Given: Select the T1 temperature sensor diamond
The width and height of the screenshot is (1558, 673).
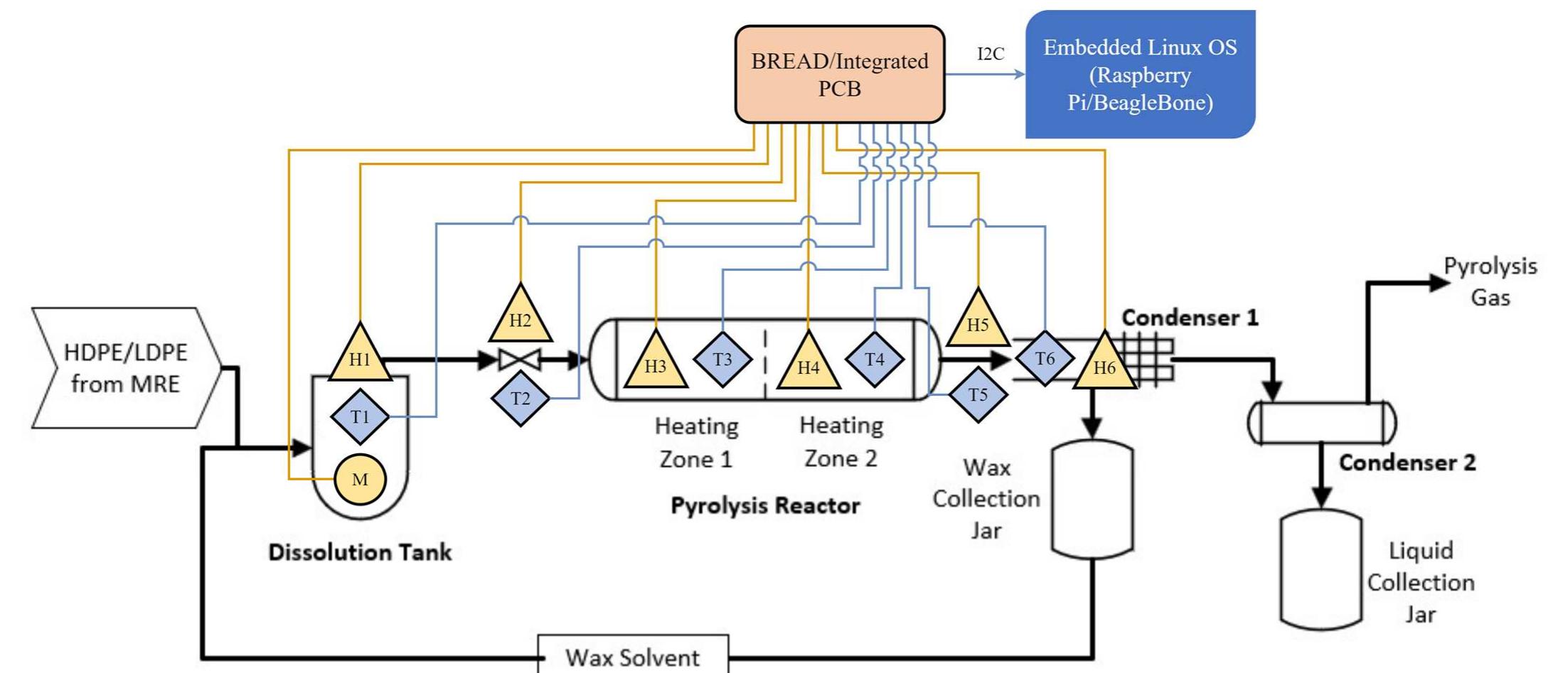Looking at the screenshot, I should (x=360, y=416).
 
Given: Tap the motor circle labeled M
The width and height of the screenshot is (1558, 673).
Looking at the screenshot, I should (x=360, y=479).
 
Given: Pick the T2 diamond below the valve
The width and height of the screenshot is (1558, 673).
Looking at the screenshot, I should (x=520, y=398).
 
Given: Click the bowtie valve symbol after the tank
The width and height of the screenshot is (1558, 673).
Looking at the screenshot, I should (x=520, y=360).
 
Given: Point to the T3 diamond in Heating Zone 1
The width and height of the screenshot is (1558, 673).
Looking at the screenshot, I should (x=722, y=359).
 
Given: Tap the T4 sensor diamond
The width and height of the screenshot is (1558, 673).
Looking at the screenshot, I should (x=875, y=359).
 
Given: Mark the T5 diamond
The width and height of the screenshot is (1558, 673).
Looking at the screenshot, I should (x=978, y=394).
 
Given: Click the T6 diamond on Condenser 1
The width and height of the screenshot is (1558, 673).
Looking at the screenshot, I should (x=1045, y=358).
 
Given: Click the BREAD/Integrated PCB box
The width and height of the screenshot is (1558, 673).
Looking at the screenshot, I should (x=840, y=75).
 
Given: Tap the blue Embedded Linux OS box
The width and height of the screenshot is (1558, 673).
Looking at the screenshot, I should (x=1140, y=75).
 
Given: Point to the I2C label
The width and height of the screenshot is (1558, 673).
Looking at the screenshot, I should (x=991, y=54).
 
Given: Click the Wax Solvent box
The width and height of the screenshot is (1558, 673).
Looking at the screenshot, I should (x=633, y=655).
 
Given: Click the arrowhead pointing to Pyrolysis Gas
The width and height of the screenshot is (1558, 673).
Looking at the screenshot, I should (x=1438, y=283).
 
